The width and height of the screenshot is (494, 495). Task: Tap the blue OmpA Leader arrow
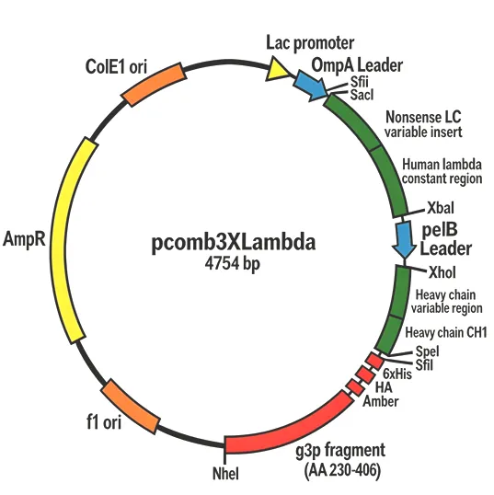coord(309,85)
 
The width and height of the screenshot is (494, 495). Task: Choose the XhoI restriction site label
coord(442,271)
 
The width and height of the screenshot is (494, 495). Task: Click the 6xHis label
coord(396,374)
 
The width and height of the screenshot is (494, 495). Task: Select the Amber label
coord(380,401)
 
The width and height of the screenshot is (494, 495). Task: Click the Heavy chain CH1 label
coord(446,332)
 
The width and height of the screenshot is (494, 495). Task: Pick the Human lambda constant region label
coord(442,169)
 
